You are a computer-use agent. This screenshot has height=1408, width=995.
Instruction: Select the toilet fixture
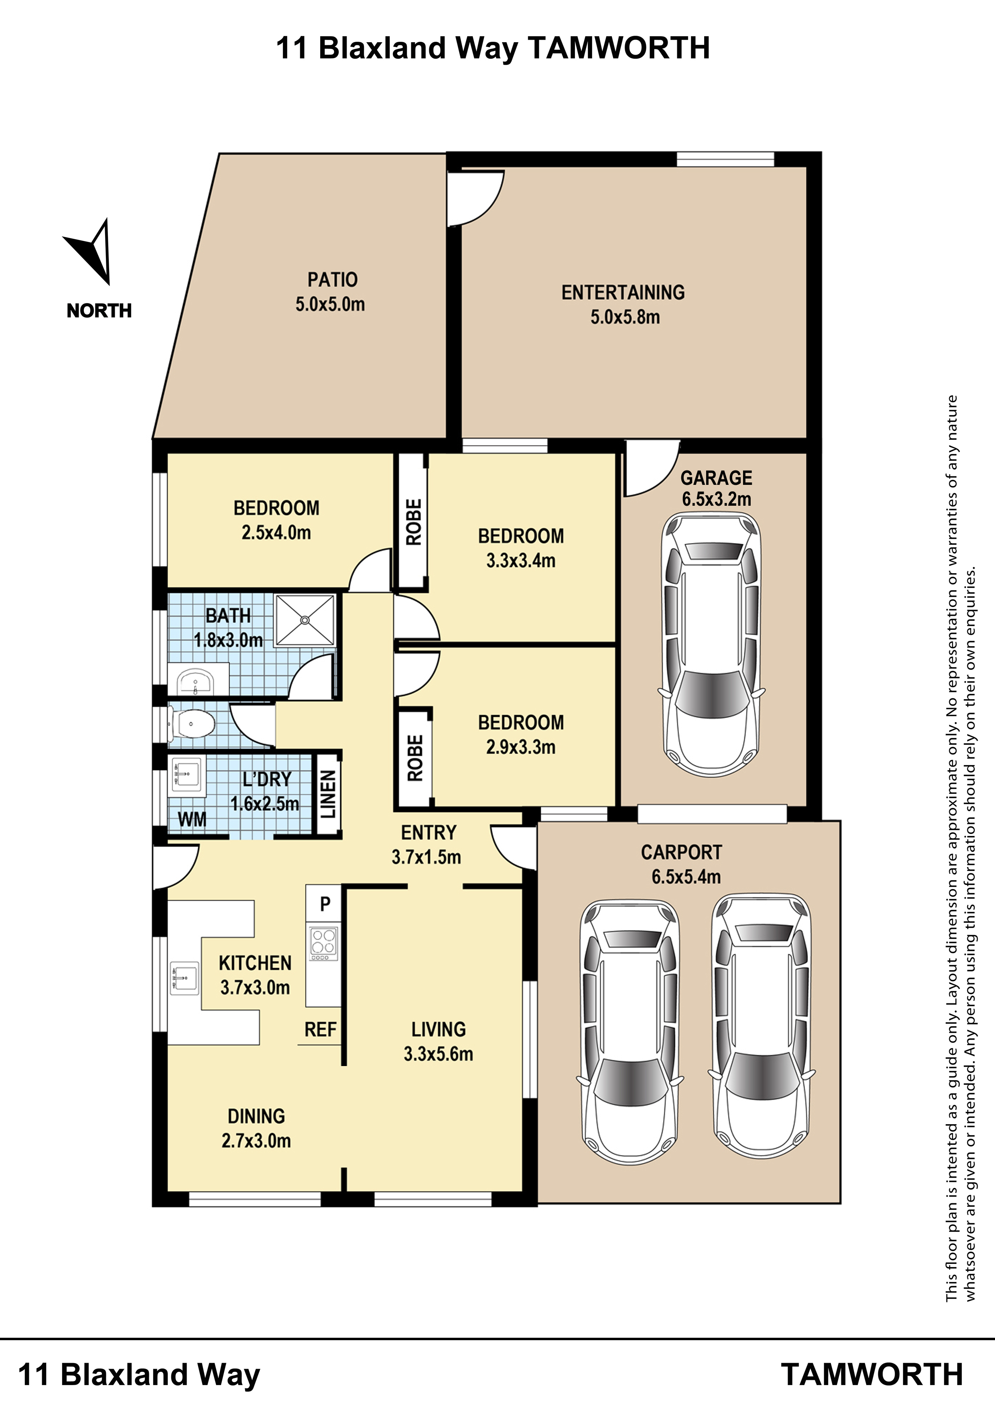click(x=191, y=724)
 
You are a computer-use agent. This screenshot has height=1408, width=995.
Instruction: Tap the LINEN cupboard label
click(x=328, y=794)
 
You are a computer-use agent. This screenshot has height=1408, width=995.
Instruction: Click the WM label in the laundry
click(x=192, y=819)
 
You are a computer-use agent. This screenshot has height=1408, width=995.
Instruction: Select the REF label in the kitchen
click(x=321, y=1030)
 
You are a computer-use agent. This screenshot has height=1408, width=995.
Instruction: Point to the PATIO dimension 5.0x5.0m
click(x=331, y=304)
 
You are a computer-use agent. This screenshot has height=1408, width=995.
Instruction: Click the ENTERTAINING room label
click(x=623, y=293)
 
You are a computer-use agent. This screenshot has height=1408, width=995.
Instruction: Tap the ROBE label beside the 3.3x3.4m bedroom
click(x=414, y=522)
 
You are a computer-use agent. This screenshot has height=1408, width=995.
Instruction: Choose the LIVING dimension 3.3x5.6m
click(x=439, y=1054)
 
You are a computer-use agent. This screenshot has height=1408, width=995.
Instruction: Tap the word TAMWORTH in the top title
click(x=619, y=48)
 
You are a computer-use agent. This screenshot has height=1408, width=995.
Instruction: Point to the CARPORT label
click(x=681, y=853)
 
